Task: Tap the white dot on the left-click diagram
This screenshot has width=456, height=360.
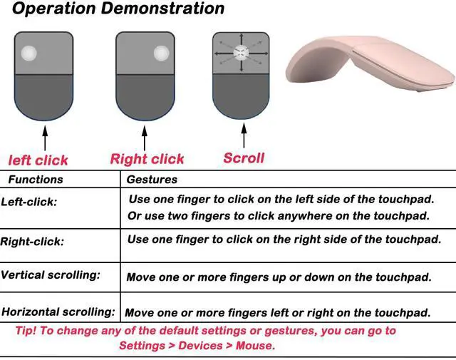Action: (x=28, y=53)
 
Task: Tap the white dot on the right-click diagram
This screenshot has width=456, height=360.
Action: (x=160, y=53)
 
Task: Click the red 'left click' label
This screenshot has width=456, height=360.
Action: (x=38, y=160)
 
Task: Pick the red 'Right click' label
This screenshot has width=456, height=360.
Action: (x=147, y=159)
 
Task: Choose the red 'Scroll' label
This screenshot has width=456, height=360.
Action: (x=244, y=158)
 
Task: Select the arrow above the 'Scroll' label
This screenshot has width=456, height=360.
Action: (x=242, y=136)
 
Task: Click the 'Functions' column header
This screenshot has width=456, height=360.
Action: (x=36, y=180)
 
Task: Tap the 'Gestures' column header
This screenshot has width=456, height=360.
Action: (x=152, y=180)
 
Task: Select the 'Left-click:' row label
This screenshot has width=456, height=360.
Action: (x=29, y=202)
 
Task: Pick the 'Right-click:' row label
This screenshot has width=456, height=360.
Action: (x=32, y=242)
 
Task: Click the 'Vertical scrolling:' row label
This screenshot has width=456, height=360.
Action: (x=51, y=274)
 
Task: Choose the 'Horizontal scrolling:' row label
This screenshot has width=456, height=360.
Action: (x=58, y=312)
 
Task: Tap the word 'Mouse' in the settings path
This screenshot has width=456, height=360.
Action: (x=256, y=346)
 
